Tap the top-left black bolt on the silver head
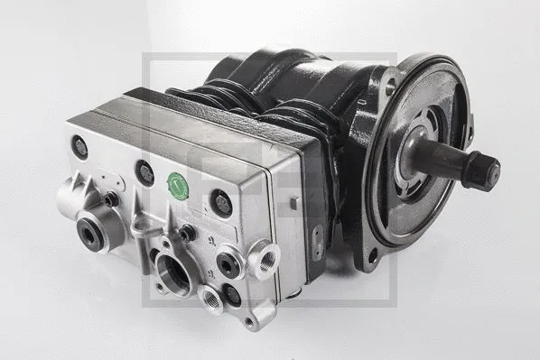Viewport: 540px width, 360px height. tap(79, 147)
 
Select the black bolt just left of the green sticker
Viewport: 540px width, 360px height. tap(144, 171)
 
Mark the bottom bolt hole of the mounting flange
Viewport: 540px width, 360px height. tap(373, 256)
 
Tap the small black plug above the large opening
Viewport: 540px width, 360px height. tap(188, 234)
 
